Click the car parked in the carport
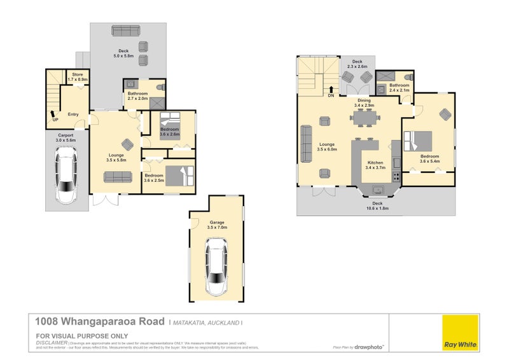tap(66, 175)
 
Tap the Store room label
tap(78, 76)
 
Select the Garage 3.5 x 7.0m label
tap(217, 225)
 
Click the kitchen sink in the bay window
tap(377, 188)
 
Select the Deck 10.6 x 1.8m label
tap(377, 205)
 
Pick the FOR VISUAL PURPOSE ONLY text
tap(82, 335)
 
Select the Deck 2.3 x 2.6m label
tap(357, 64)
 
